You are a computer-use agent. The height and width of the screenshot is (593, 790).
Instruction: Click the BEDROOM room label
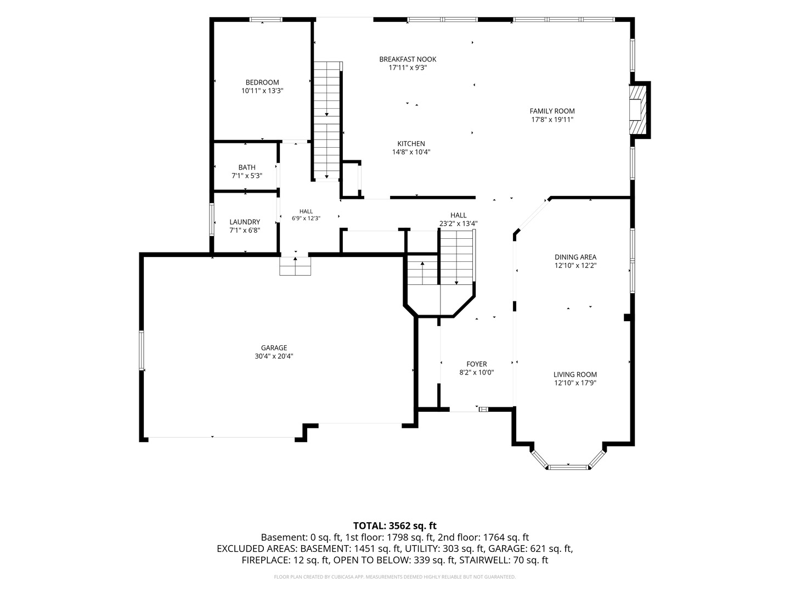[x=262, y=82]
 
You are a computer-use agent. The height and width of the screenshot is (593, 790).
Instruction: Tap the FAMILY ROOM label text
[x=552, y=111]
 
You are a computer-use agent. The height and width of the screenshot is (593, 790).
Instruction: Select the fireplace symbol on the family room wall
[x=637, y=110]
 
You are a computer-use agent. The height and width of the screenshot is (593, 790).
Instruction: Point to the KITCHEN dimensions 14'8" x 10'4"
[x=411, y=152]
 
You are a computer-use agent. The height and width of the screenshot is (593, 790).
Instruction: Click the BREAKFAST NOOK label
[x=408, y=59]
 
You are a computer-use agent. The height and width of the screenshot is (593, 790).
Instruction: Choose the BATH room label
[x=247, y=167]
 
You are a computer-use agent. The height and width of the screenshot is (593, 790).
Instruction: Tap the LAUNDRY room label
[x=245, y=222]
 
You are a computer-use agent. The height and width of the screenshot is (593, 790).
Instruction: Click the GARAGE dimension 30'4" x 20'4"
[x=274, y=356]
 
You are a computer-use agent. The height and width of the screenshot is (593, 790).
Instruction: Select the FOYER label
[x=477, y=364]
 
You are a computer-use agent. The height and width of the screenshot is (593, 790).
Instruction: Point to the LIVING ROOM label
[x=575, y=374]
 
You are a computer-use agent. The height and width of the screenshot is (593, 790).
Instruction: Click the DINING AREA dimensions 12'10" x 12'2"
[x=575, y=265]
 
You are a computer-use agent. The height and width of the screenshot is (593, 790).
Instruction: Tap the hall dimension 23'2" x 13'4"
[x=458, y=223]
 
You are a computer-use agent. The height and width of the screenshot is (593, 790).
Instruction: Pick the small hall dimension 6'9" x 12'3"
[x=306, y=218]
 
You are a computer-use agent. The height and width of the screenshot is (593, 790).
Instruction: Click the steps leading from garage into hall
[x=295, y=266]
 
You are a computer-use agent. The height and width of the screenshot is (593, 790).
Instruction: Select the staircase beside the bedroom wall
[x=327, y=120]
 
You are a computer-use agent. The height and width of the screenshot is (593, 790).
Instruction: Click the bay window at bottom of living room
[x=568, y=461]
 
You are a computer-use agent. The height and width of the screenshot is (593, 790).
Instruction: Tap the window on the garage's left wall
[x=142, y=350]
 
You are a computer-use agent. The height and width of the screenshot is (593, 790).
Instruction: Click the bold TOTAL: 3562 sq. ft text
[x=395, y=525]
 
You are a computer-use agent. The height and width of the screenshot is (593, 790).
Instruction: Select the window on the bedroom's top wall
[x=266, y=19]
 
